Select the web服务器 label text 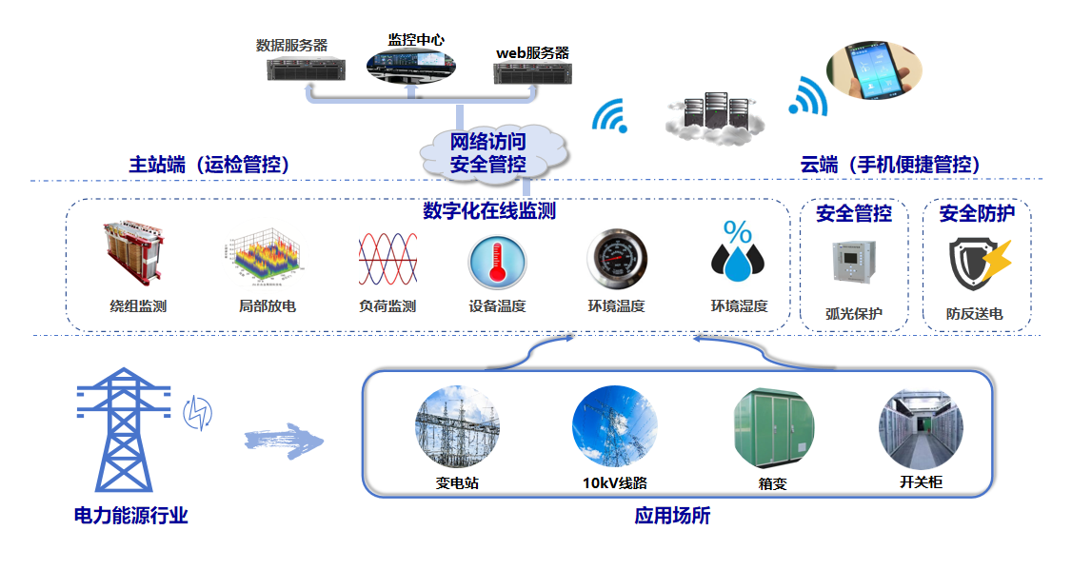click(x=532, y=52)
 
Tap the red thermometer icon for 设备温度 click(x=496, y=260)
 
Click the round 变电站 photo click(x=457, y=425)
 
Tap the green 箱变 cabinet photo click(x=773, y=425)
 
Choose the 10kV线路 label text click(x=615, y=482)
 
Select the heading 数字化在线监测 click(x=488, y=211)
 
